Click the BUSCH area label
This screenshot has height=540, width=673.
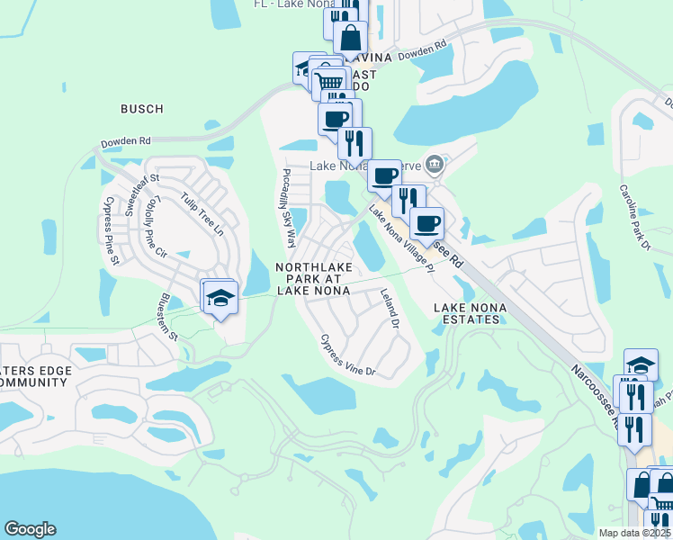[142, 109]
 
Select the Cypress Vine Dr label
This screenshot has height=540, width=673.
[347, 355]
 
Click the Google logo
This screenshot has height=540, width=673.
[30, 529]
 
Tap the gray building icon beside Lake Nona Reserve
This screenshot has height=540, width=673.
[435, 164]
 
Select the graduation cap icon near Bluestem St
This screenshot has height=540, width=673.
[220, 296]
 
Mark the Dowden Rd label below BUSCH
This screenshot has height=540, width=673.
[126, 141]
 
